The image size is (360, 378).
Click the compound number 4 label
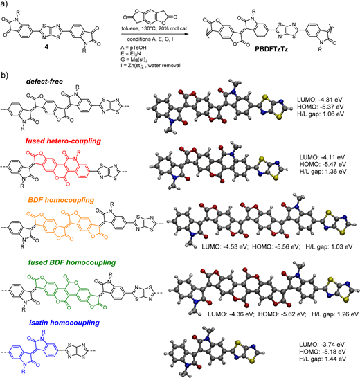(46, 47)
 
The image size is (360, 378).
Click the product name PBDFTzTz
(271, 49)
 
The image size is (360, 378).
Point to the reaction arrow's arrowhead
(186, 34)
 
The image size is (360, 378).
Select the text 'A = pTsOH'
(134, 48)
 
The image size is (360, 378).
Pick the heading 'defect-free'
(44, 82)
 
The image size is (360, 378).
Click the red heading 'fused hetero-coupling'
(63, 141)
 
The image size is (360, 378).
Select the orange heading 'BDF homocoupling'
(61, 200)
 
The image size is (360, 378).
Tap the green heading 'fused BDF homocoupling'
(72, 262)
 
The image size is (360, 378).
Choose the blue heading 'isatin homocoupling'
(64, 323)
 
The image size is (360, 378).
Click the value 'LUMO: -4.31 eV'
(320, 100)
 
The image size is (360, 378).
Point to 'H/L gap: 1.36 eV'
(323, 172)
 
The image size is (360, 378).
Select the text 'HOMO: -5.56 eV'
(276, 247)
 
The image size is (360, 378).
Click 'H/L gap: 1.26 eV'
(335, 314)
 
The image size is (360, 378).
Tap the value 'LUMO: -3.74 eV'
(322, 345)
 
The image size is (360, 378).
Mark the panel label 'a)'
(4, 4)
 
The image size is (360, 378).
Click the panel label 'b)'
(4, 75)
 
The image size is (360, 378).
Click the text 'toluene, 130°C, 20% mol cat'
(154, 28)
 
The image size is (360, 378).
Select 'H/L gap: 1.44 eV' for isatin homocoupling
(323, 359)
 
